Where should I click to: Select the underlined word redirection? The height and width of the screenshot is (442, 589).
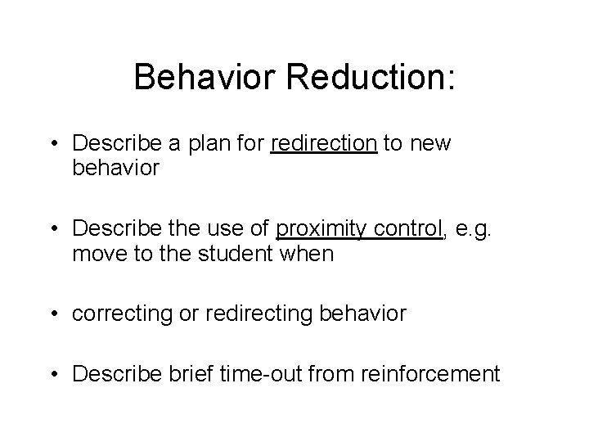pyautogui.click(x=323, y=144)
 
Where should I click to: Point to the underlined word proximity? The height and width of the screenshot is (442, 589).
pyautogui.click(x=318, y=228)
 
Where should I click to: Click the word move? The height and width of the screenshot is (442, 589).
pyautogui.click(x=98, y=254)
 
